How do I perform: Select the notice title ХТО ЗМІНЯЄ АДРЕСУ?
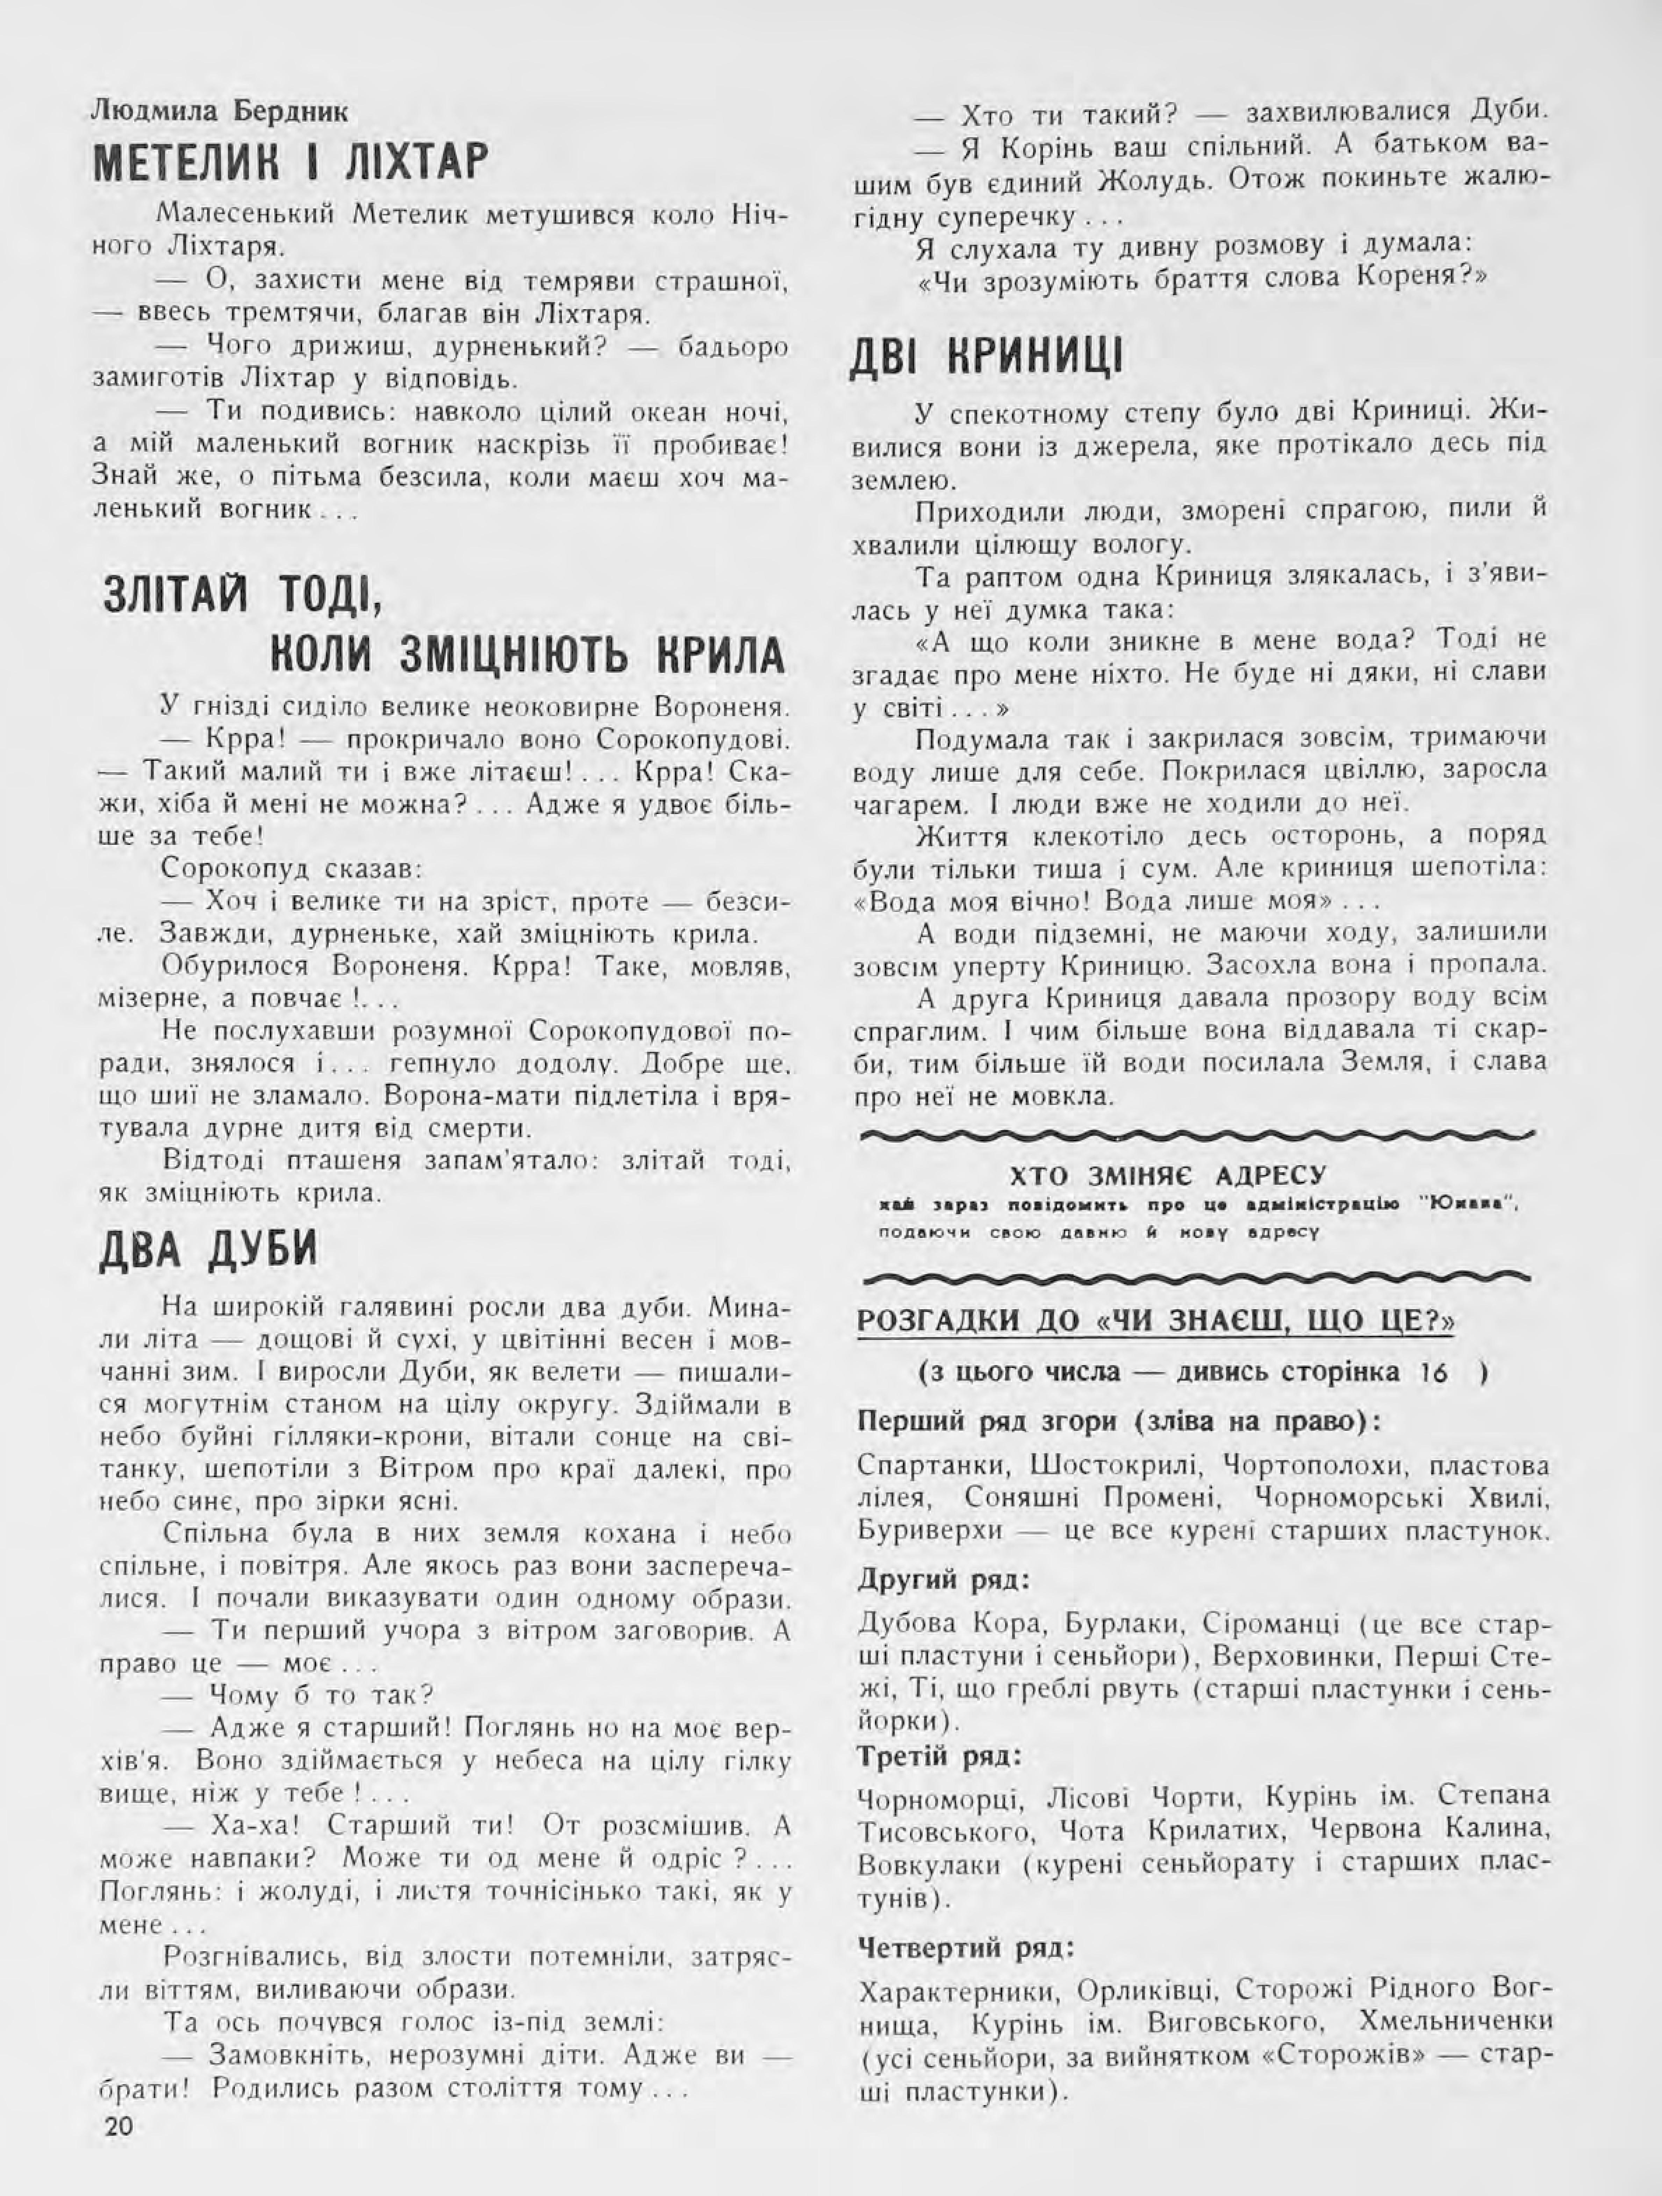click(x=1168, y=1176)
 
